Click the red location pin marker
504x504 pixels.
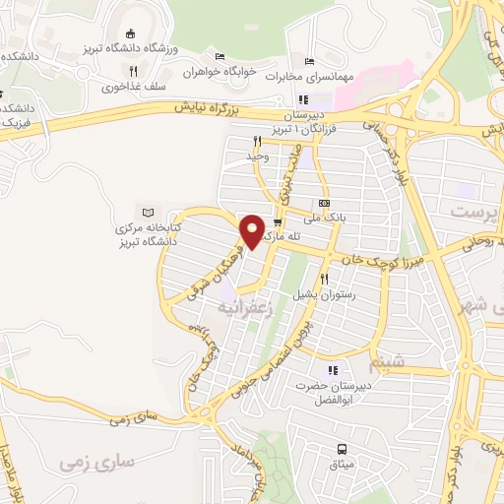tap(253, 230)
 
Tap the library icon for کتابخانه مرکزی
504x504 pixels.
tap(149, 213)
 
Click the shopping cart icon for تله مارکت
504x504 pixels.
tap(278, 221)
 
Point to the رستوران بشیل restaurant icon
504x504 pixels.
tap(323, 279)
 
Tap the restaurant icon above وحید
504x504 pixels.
tap(258, 141)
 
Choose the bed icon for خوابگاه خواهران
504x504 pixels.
tap(220, 56)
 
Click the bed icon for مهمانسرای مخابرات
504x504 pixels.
tap(309, 64)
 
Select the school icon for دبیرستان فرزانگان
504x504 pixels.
tap(303, 99)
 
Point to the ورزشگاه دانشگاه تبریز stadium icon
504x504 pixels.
tap(132, 34)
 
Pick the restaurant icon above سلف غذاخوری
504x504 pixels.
tap(132, 70)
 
